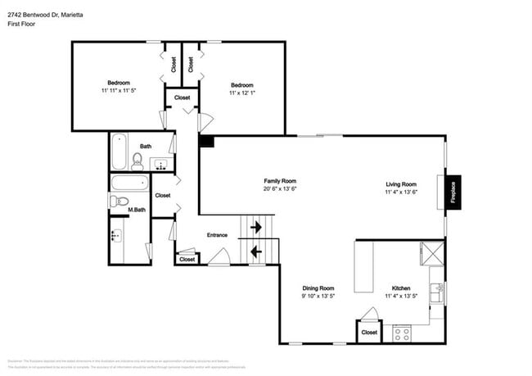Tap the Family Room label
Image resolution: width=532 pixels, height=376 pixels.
point(279,181)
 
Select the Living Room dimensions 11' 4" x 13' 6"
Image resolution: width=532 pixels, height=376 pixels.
point(401,193)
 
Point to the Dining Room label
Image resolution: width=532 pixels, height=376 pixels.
point(318,288)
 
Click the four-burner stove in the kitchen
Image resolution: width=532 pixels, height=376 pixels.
point(402,333)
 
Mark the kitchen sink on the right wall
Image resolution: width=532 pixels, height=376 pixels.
point(439,292)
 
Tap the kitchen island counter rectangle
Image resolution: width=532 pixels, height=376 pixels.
point(364,266)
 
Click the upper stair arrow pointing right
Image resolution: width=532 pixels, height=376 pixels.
point(256,226)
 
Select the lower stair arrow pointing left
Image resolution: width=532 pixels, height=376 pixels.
point(256,251)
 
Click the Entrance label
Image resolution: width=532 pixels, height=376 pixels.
point(217,236)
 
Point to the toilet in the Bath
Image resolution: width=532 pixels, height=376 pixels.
point(138,159)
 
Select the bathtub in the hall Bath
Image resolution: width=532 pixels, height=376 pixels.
point(119,150)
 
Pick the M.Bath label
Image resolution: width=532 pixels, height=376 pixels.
point(137,211)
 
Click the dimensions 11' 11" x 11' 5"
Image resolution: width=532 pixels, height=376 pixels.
point(119,91)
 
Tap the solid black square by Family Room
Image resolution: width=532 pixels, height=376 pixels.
point(206,142)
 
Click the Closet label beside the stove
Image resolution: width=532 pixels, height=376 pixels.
point(369,333)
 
